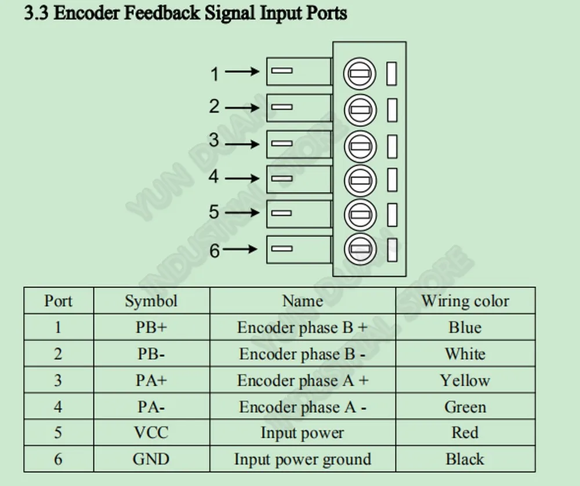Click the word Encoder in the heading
86,13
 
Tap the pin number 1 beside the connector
215,74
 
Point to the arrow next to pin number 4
242,178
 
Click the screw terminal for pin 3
360,146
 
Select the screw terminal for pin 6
360,249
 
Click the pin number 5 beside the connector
214,211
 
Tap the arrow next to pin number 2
242,108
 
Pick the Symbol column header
151,301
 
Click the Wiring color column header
465,301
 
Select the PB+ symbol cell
151,327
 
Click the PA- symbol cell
151,407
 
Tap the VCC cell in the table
151,433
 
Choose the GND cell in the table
151,459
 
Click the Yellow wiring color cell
465,381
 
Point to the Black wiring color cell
465,459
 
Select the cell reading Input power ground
303,459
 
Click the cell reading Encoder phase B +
303,327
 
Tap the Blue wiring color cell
465,327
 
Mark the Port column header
59,301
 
